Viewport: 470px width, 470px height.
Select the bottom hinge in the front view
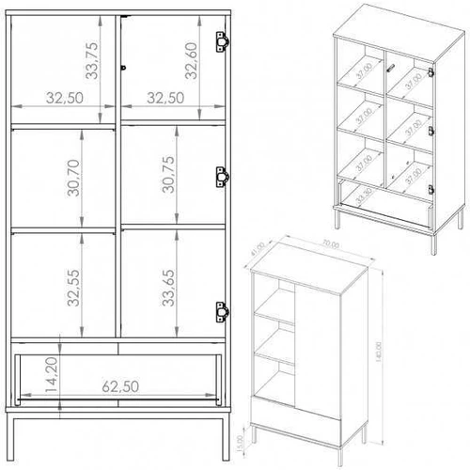224,309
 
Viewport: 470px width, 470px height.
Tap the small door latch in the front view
123,67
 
